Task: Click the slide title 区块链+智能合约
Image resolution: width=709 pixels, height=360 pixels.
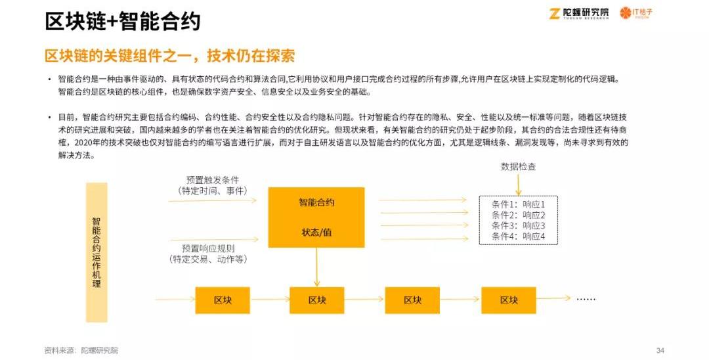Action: (x=123, y=21)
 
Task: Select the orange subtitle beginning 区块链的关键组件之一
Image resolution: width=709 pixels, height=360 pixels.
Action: (x=169, y=55)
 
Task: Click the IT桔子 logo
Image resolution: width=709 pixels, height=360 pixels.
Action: (x=636, y=13)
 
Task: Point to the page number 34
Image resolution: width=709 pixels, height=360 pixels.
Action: (x=660, y=350)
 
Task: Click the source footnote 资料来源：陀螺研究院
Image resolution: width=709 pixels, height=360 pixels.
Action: (x=81, y=350)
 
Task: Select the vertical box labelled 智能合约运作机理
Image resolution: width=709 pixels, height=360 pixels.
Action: (x=97, y=252)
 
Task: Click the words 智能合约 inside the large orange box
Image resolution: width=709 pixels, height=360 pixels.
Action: (x=316, y=203)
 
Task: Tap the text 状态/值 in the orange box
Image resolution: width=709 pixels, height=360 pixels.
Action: (x=316, y=233)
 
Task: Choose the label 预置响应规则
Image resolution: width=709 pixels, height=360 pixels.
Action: (x=208, y=248)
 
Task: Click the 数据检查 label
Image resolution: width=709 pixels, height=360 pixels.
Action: (x=518, y=167)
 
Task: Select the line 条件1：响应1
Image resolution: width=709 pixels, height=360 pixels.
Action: (x=518, y=204)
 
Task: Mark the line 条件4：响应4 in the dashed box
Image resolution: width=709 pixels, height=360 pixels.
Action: (x=518, y=236)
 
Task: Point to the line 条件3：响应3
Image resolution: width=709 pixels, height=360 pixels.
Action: (x=518, y=226)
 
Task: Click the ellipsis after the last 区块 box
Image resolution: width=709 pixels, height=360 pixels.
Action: (x=586, y=299)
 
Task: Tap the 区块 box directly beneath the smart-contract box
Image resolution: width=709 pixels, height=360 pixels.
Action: (x=317, y=300)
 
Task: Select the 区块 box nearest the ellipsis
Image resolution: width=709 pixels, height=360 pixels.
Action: (x=509, y=300)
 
